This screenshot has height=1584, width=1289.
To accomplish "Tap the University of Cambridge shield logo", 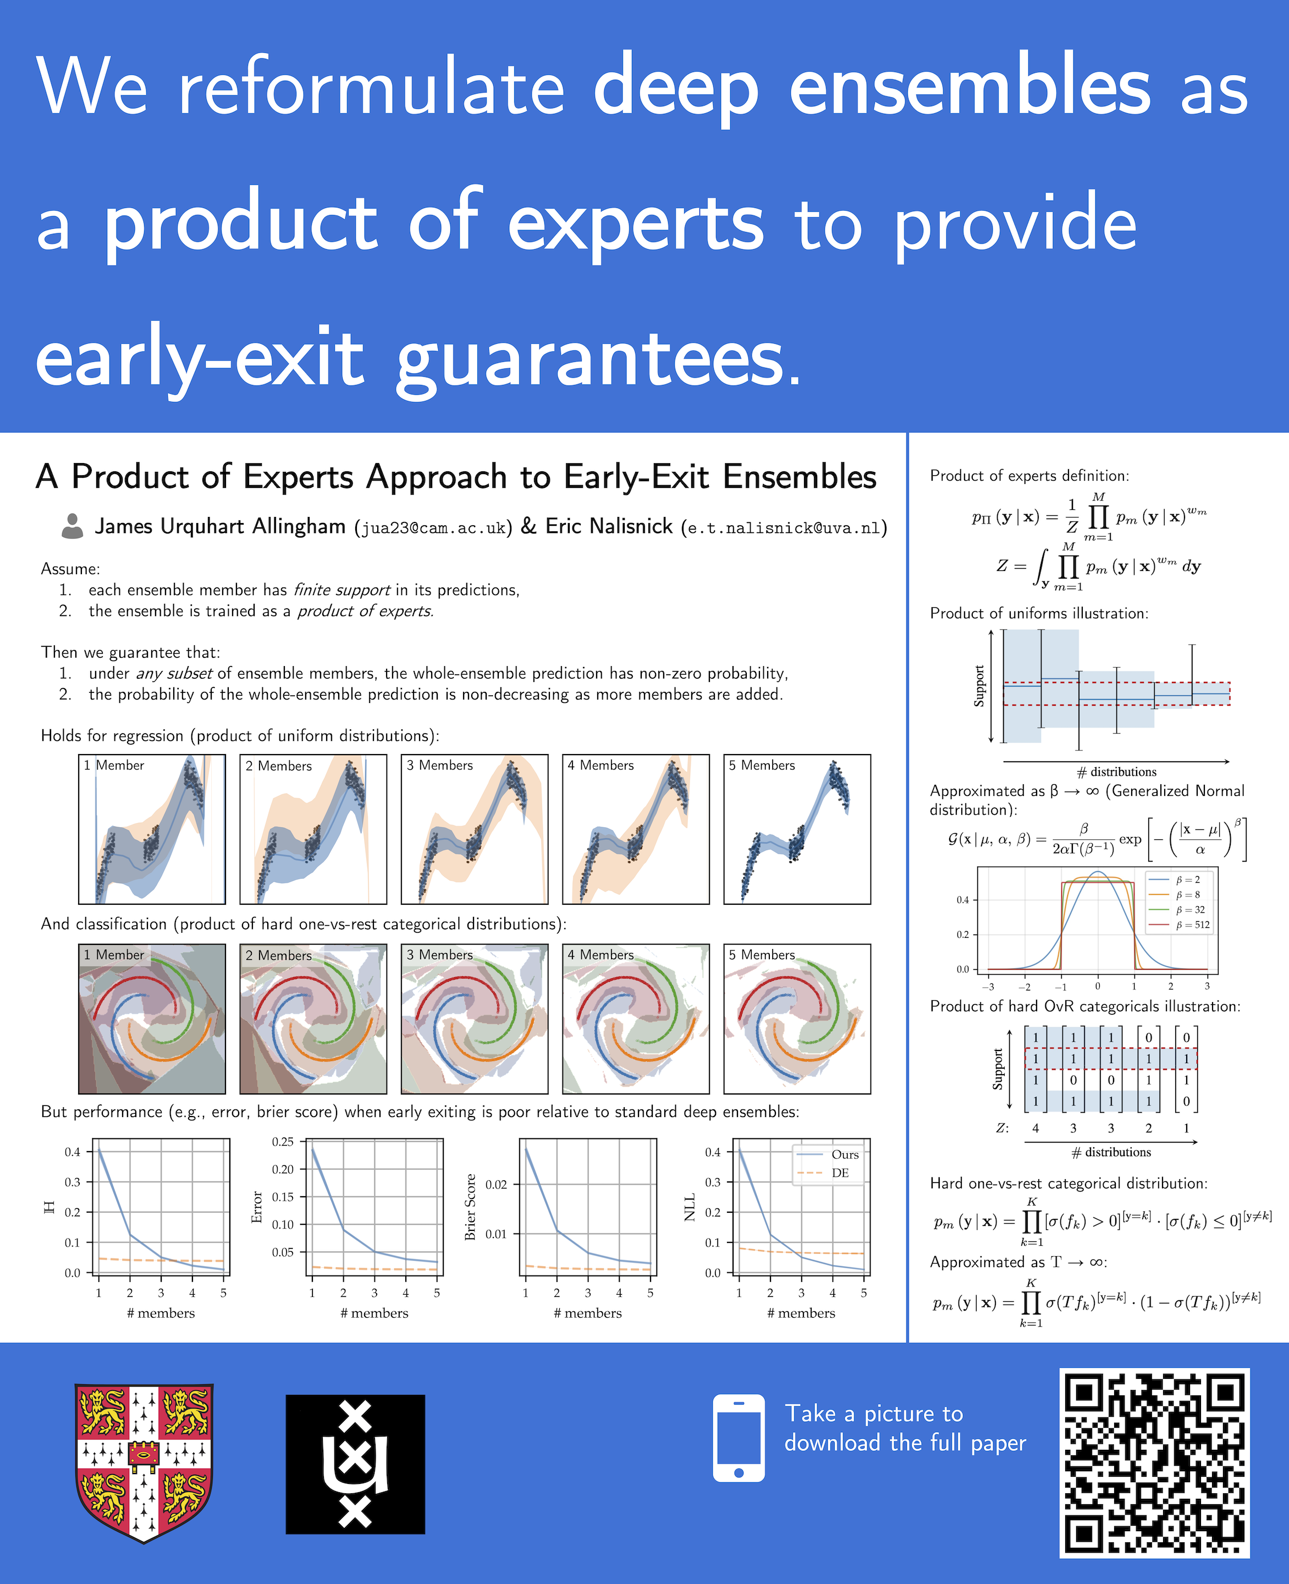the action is point(144,1463).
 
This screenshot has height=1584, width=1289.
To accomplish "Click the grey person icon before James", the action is point(72,526).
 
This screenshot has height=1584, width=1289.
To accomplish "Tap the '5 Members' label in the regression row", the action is point(762,765).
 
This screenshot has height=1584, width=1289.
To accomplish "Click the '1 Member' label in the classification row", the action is point(114,954).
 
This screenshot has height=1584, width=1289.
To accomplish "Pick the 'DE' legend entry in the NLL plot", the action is point(840,1173).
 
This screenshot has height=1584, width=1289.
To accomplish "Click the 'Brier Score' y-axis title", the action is point(470,1207).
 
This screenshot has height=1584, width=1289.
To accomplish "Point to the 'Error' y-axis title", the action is point(257,1207).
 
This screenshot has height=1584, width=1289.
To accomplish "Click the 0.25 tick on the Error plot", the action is point(283,1141).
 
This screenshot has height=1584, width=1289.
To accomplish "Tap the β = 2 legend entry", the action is point(1188,880).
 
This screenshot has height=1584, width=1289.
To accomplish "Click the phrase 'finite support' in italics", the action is point(342,590).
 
